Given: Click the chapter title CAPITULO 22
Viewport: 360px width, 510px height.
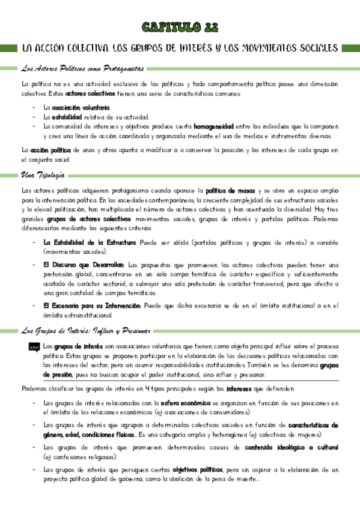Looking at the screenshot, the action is (x=180, y=27).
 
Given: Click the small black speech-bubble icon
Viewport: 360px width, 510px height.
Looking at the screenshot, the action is (x=32, y=347).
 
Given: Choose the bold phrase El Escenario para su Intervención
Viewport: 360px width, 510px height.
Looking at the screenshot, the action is (x=92, y=306).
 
